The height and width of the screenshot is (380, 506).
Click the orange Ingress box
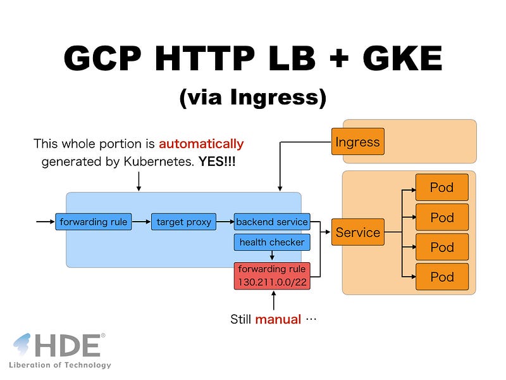358,141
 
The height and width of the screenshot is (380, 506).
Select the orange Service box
358,232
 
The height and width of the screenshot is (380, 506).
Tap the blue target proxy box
183,222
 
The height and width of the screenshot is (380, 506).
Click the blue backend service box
272,222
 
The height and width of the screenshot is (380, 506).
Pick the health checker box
272,243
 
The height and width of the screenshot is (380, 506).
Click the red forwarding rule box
272,276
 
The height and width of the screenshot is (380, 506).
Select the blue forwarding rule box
94,222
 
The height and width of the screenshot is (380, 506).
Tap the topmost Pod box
442,187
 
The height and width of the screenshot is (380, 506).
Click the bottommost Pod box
442,277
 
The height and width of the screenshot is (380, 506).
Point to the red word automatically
201,144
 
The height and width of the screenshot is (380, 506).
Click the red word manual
278,319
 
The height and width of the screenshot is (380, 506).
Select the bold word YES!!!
217,161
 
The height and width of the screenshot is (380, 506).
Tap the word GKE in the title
402,58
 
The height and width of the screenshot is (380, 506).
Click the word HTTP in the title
205,58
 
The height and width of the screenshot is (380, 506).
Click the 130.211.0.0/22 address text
273,282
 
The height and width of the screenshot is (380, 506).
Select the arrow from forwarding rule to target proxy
141,222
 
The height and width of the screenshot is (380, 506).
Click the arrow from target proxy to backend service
225,222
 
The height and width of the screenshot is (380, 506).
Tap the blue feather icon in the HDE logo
22,345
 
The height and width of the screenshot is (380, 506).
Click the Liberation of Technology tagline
60,365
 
